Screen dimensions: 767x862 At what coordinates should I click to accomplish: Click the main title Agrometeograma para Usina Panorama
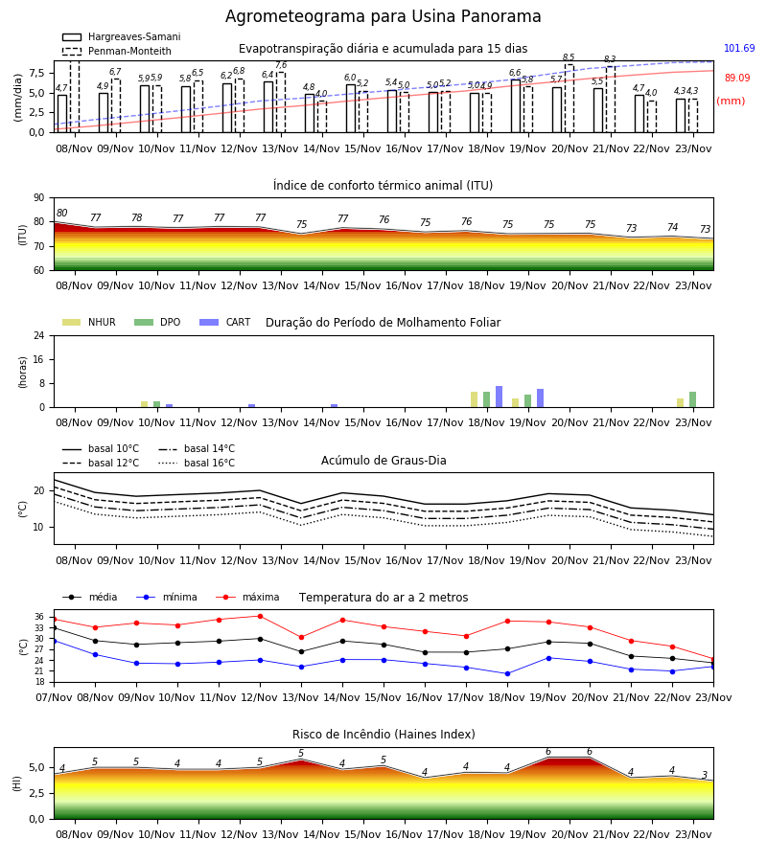click(383, 16)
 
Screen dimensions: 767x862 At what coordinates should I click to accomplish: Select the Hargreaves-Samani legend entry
click(121, 36)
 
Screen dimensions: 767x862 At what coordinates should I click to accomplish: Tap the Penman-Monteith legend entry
click(117, 51)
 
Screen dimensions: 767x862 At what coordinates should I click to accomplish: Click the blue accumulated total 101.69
click(739, 49)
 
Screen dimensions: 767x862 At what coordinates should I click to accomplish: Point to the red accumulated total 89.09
click(737, 79)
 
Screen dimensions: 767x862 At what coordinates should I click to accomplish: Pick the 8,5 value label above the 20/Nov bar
click(569, 57)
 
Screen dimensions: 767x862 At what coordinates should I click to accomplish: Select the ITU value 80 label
click(61, 214)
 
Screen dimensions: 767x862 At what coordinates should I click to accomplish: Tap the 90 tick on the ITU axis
click(38, 198)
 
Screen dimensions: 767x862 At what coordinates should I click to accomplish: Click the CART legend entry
click(225, 322)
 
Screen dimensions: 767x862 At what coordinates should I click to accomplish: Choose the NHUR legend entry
click(89, 322)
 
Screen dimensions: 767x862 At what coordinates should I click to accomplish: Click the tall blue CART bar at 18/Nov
click(500, 397)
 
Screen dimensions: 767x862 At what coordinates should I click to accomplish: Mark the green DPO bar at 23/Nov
click(693, 399)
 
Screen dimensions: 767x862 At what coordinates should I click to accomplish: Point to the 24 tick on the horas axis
click(38, 335)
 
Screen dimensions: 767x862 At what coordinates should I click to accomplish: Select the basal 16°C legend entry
click(197, 463)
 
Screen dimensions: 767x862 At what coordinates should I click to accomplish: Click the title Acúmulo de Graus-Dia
click(383, 460)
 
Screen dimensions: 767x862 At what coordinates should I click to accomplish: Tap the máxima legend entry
click(247, 597)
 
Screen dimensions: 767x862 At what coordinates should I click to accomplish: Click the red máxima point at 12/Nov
click(260, 616)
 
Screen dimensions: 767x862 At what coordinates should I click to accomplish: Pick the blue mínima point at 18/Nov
click(507, 673)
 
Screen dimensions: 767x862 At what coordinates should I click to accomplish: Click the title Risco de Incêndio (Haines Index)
click(383, 735)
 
